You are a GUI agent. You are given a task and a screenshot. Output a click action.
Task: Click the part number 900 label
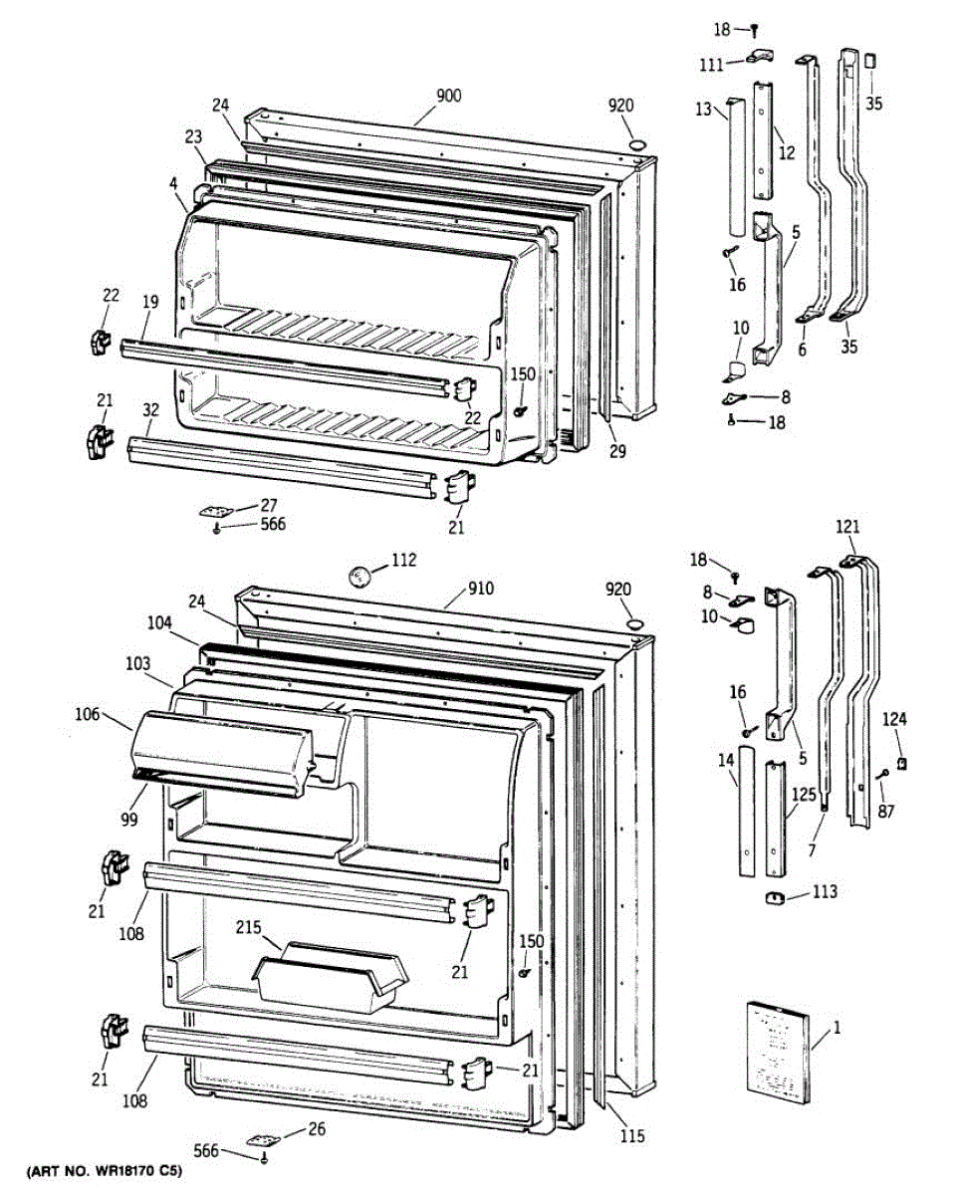[449, 97]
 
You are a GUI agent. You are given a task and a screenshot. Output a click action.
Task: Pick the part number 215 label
[249, 927]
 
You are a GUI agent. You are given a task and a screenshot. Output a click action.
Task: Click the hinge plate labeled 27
[214, 510]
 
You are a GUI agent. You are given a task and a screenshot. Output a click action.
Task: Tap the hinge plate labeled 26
[263, 1138]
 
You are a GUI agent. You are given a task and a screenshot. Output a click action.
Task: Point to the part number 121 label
[846, 526]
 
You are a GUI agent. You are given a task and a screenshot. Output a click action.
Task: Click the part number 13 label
[704, 111]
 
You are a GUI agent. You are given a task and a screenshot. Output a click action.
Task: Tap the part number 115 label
[631, 1136]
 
